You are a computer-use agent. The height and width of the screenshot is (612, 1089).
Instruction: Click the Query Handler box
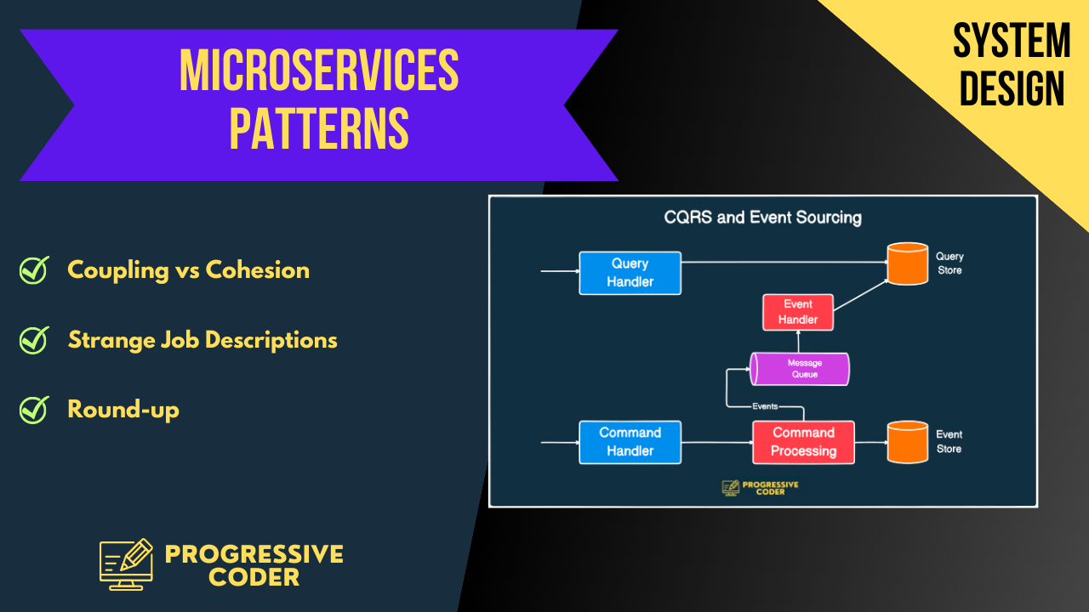[630, 273]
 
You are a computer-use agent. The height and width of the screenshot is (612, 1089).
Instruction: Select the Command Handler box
[630, 442]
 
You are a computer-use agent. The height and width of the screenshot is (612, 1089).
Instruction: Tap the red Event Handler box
[798, 312]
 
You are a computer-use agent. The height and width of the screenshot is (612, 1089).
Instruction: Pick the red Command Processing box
[803, 442]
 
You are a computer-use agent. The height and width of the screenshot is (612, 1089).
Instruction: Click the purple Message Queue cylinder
[800, 369]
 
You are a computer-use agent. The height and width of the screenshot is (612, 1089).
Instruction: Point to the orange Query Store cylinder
[907, 263]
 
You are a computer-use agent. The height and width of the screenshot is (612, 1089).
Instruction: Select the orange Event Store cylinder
[907, 442]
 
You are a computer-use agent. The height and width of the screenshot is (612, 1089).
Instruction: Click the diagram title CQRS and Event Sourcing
[762, 218]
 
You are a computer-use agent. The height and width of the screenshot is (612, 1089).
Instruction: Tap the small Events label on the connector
[765, 406]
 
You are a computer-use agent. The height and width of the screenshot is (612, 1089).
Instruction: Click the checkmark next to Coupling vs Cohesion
[34, 270]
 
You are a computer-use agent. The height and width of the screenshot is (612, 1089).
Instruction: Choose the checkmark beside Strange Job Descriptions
[34, 340]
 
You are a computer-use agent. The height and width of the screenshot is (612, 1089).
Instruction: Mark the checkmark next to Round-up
[34, 410]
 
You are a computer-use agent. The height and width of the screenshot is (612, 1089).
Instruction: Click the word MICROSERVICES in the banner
[319, 71]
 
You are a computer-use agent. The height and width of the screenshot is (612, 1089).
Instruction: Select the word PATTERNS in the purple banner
[319, 128]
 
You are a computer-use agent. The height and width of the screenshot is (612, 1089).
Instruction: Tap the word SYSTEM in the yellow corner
[1012, 41]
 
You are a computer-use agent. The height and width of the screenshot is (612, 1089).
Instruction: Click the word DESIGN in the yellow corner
[1012, 88]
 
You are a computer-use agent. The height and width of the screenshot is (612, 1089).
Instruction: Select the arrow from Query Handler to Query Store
[783, 262]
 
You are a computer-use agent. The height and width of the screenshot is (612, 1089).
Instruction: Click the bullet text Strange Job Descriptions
[202, 340]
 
